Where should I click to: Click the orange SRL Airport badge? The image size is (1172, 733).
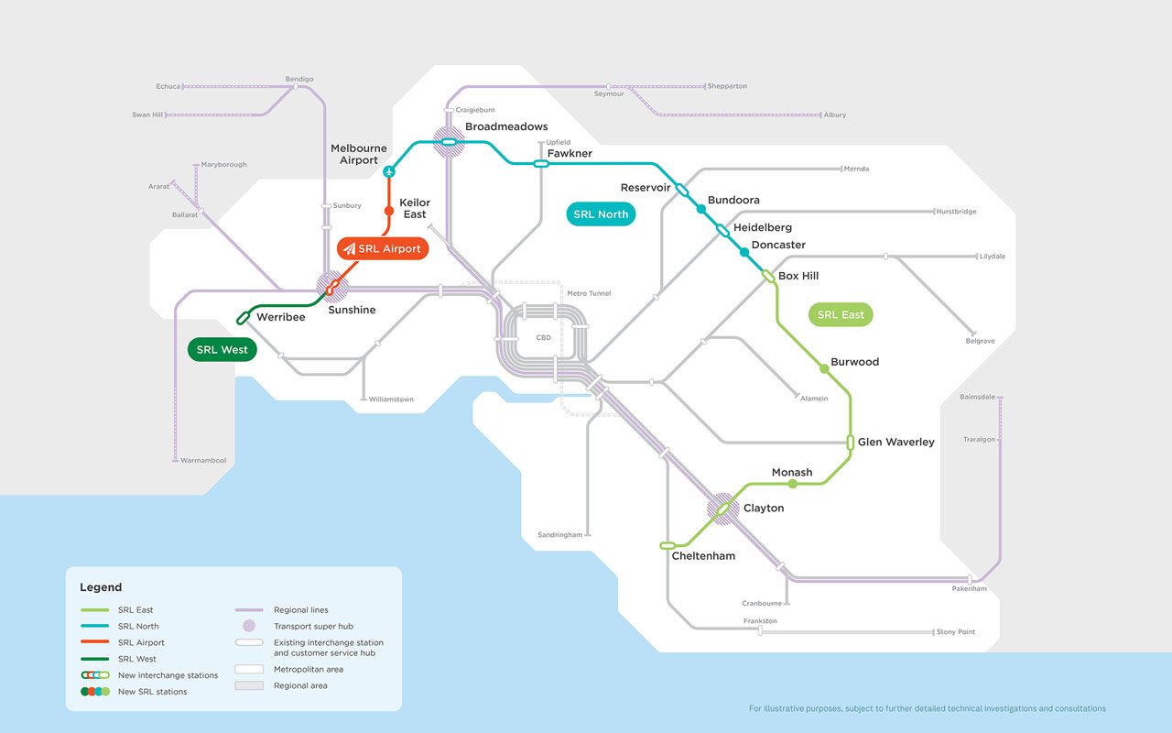[383, 248]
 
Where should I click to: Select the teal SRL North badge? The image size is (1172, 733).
[601, 214]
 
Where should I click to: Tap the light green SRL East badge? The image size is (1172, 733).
[841, 314]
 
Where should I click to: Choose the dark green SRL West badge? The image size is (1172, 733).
[222, 349]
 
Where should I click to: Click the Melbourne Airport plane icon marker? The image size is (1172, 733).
[389, 171]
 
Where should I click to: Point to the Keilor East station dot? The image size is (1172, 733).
[389, 212]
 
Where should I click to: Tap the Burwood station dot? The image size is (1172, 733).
[824, 368]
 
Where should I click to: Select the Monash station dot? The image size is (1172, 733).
[793, 483]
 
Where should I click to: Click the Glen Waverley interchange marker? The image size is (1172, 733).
[850, 443]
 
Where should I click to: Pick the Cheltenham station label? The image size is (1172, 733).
[703, 556]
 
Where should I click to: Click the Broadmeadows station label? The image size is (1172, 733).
[506, 126]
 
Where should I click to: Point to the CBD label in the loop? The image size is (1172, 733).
[544, 338]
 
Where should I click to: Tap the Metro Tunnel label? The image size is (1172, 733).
[589, 293]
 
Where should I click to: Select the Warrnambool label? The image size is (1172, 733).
[203, 460]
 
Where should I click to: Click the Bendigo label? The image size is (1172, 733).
[299, 79]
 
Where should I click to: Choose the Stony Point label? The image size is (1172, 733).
[955, 632]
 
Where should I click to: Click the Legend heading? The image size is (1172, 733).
[101, 587]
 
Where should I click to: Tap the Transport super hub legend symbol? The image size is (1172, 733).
[249, 627]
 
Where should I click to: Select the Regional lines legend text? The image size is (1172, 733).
[300, 610]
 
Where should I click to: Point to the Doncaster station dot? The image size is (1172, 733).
[744, 252]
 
